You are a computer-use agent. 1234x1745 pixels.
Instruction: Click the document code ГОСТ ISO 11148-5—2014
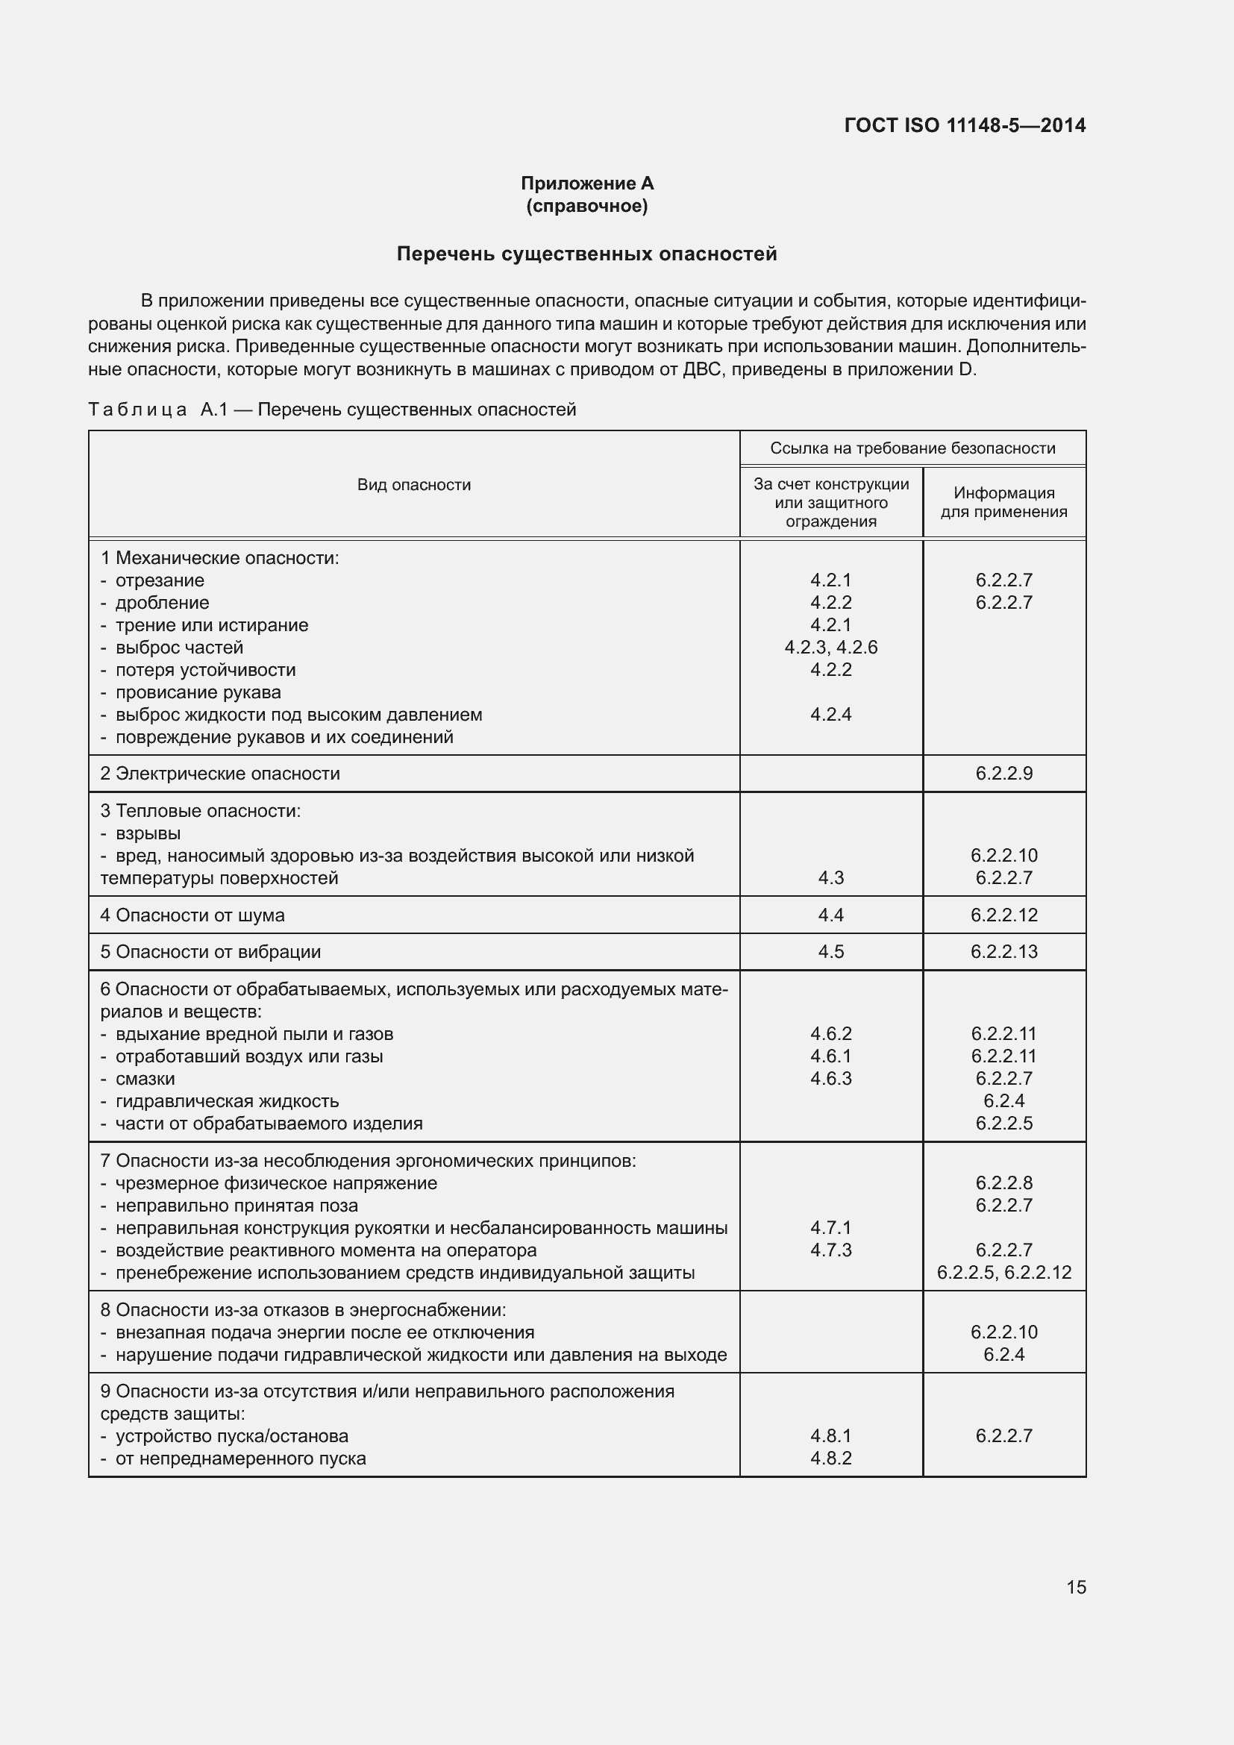tap(964, 125)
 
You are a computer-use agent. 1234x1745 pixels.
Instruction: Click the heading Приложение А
tap(586, 184)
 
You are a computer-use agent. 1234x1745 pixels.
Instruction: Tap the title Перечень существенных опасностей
tap(586, 254)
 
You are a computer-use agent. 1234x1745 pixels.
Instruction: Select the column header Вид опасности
tap(413, 485)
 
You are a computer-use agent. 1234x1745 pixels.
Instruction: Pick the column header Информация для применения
tap(1003, 502)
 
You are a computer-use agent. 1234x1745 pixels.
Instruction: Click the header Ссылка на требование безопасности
tap(912, 448)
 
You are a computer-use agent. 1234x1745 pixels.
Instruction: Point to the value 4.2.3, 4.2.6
tap(830, 648)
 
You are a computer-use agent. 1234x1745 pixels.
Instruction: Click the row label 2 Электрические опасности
tap(220, 774)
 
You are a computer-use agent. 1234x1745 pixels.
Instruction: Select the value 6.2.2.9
tap(1003, 774)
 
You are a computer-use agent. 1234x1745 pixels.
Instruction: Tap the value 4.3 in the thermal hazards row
tap(830, 878)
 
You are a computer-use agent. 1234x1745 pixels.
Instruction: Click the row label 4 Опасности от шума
tap(192, 915)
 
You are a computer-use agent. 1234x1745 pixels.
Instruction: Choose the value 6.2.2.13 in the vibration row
tap(1003, 951)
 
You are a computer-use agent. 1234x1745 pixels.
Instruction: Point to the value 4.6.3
tap(830, 1079)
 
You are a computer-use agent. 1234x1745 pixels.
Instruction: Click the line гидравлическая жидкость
tap(227, 1101)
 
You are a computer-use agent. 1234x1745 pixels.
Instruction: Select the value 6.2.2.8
tap(1003, 1183)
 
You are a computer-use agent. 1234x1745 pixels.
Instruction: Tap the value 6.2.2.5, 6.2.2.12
tap(1003, 1273)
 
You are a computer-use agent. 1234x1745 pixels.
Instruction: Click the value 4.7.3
tap(830, 1250)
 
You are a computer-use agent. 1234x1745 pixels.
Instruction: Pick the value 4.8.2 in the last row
tap(830, 1459)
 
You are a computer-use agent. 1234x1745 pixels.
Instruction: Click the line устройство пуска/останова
tap(232, 1436)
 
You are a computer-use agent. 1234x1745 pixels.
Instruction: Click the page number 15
tap(1076, 1588)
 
